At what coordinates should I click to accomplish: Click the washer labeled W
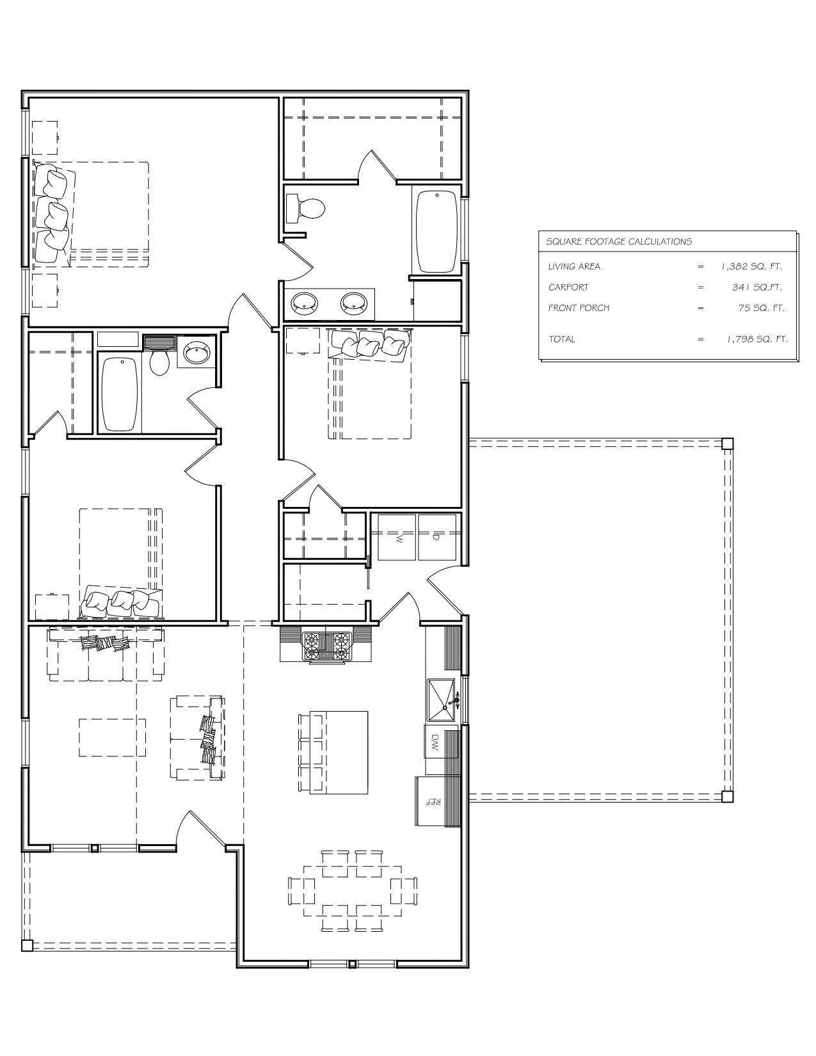(x=397, y=537)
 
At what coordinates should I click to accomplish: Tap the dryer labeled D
(x=437, y=537)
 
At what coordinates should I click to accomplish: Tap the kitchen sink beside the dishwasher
(x=441, y=700)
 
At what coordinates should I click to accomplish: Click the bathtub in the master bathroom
(x=437, y=232)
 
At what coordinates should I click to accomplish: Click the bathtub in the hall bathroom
(x=120, y=394)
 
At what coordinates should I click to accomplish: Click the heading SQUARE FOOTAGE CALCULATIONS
(x=619, y=241)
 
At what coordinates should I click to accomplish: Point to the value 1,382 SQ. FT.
(x=751, y=266)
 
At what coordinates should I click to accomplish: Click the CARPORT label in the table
(x=568, y=287)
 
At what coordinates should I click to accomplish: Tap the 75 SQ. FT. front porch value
(x=761, y=308)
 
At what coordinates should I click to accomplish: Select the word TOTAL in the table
(x=562, y=339)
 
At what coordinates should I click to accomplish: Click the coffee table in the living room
(x=112, y=737)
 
